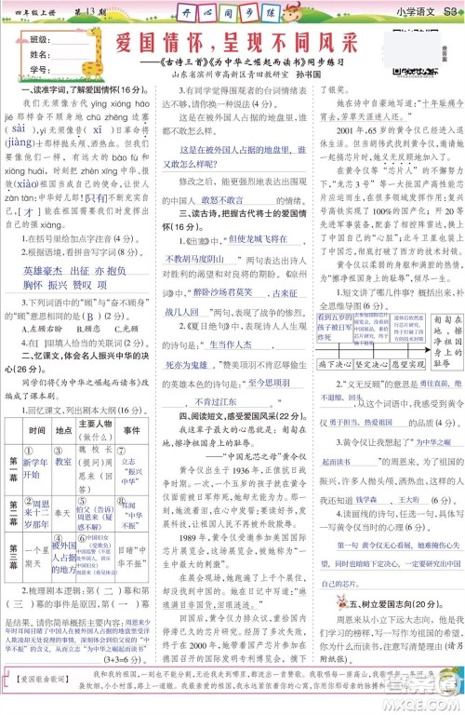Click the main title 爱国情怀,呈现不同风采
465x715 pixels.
click(x=245, y=46)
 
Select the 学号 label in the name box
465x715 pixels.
click(x=39, y=69)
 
